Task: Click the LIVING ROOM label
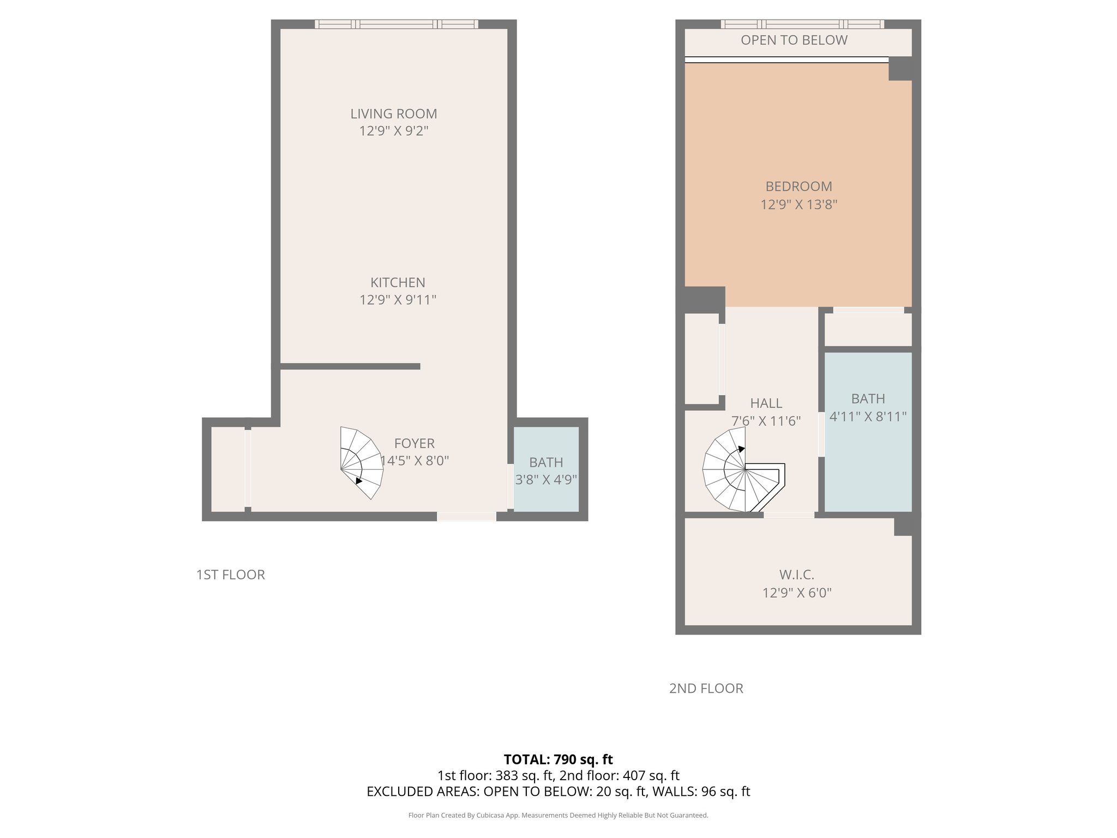click(x=393, y=113)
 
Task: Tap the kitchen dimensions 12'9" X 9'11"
click(x=398, y=300)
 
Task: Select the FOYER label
click(x=414, y=443)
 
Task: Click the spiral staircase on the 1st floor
click(x=360, y=463)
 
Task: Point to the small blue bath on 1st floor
click(x=546, y=469)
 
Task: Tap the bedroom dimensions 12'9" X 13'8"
click(x=798, y=205)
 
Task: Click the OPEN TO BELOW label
click(x=794, y=40)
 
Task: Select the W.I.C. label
click(x=796, y=574)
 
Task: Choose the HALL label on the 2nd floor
click(x=766, y=403)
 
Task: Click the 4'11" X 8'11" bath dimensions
click(x=867, y=417)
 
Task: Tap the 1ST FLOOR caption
click(x=230, y=574)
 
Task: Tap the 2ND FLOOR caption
click(x=706, y=689)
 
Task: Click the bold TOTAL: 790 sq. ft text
click(x=558, y=759)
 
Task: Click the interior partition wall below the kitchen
click(x=349, y=366)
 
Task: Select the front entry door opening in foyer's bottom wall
click(x=466, y=516)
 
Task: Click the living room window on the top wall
click(x=396, y=24)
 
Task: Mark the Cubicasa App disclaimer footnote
click(x=558, y=815)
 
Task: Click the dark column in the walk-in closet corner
click(x=903, y=526)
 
